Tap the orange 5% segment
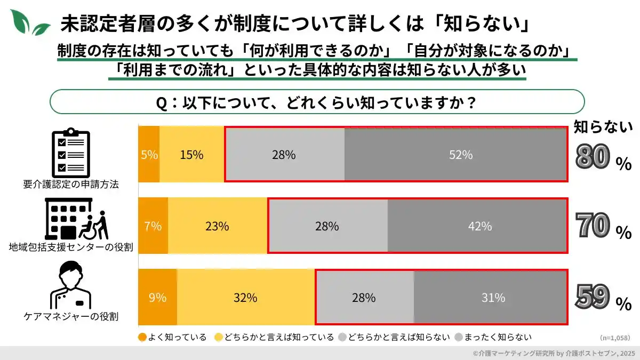(x=149, y=155)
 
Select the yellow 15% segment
(x=191, y=155)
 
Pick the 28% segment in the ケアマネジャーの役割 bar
(x=364, y=298)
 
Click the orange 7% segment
(x=153, y=226)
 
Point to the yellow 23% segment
(x=217, y=226)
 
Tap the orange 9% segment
(x=157, y=298)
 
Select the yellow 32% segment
(x=245, y=298)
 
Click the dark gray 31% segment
(x=490, y=298)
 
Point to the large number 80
(x=593, y=158)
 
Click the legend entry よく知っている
(x=172, y=337)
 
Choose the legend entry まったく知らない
(x=493, y=337)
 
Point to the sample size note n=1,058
(x=614, y=338)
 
